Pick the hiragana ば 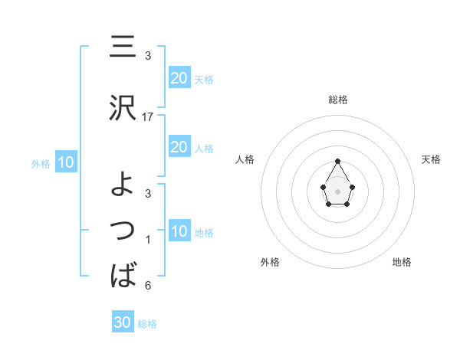(123, 273)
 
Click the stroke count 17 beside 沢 (149, 117)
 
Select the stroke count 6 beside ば (148, 286)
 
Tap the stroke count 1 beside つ (148, 240)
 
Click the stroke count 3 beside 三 (148, 55)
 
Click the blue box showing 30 (123, 322)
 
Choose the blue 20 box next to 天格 (179, 77)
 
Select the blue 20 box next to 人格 (179, 147)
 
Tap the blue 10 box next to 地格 (179, 231)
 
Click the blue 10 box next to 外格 (65, 162)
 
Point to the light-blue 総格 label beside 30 (147, 324)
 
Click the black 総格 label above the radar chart (338, 100)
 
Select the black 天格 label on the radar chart (432, 159)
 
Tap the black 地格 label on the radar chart (402, 262)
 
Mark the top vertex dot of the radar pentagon (338, 161)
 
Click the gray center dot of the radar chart (338, 191)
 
